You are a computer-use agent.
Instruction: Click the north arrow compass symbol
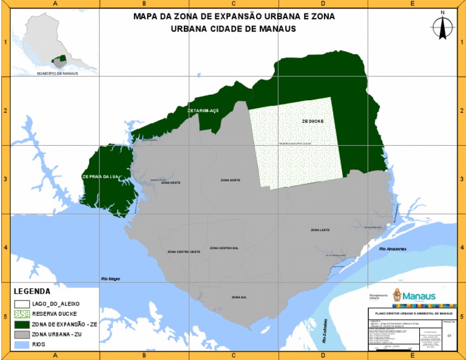pos(443,27)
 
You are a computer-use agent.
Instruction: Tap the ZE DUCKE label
pos(312,121)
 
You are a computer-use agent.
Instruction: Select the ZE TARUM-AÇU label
pos(203,111)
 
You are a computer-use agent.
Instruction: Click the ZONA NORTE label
pos(231,180)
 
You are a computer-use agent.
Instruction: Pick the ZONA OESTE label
pos(171,183)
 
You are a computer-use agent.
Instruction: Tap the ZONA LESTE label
pos(320,230)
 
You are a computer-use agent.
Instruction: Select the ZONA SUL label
pos(239,297)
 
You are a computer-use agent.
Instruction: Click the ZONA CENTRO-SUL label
pos(224,248)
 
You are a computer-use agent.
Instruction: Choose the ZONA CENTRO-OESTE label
pos(184,251)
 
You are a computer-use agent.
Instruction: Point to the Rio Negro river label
pos(110,279)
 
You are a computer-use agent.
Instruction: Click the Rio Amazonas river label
pos(393,249)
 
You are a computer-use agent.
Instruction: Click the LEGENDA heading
pos(32,291)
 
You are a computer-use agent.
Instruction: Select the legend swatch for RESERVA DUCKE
pos(22,314)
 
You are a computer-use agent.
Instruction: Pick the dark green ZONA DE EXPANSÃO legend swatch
pos(22,324)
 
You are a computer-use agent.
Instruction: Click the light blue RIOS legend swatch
pos(22,344)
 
